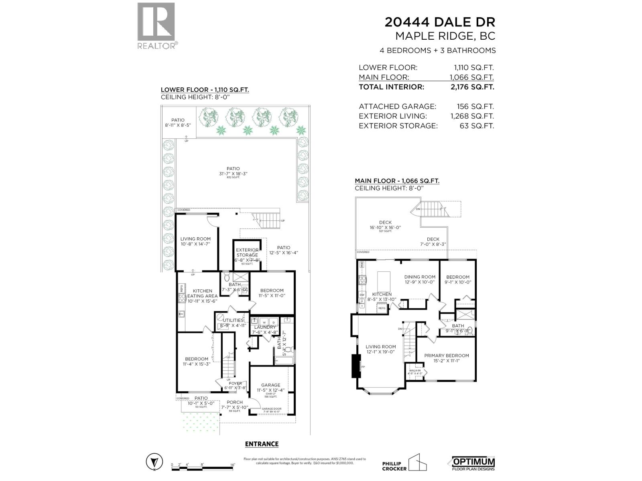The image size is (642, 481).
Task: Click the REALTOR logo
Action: point(156,26)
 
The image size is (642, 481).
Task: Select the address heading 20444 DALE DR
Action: point(440,22)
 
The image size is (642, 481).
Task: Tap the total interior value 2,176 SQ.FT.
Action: point(472,87)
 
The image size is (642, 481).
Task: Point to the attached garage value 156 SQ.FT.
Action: point(475,107)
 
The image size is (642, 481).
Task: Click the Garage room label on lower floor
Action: point(270,385)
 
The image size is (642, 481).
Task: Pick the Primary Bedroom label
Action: point(446,356)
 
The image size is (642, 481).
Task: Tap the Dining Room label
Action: point(420,277)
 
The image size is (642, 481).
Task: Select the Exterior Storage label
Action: point(247,253)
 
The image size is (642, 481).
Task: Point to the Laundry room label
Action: point(265,327)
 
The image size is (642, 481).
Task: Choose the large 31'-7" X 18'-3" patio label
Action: point(233,169)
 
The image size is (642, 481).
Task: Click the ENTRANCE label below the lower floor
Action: point(262,444)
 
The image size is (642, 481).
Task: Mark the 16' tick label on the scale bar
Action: point(232,465)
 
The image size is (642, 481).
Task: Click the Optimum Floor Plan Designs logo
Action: point(473,463)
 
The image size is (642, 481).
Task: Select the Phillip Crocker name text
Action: point(394,466)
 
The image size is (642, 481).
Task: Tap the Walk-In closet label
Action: point(415,372)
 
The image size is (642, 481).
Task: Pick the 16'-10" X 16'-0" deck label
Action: point(385,225)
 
